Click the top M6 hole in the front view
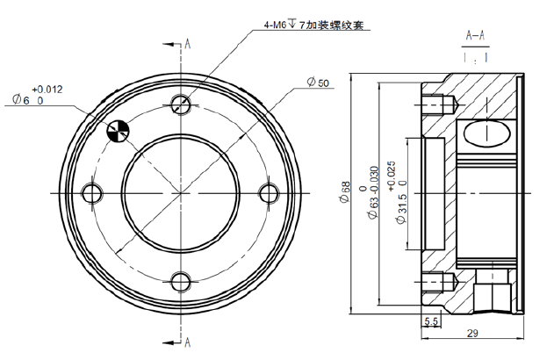[181, 105]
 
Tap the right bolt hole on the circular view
[270, 191]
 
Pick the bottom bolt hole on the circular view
[181, 281]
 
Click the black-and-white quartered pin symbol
[118, 131]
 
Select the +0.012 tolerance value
[47, 89]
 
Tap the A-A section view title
[476, 36]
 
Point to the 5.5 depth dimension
[430, 321]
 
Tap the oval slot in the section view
[485, 133]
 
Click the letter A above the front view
[188, 43]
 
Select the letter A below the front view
[188, 340]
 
